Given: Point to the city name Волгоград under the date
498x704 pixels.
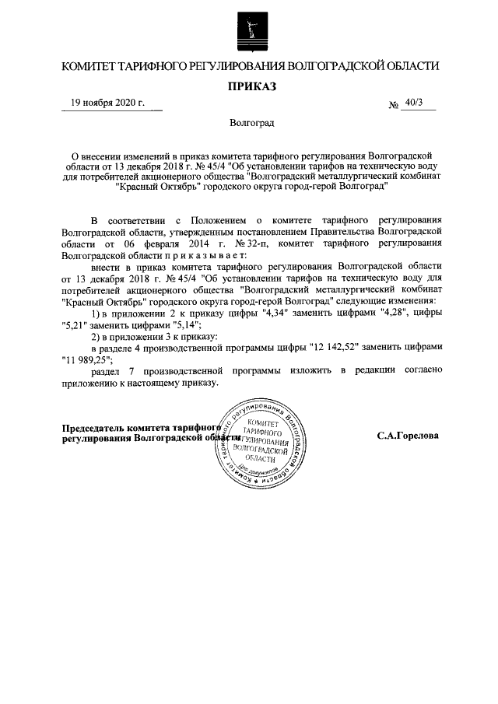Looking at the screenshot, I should [251, 123].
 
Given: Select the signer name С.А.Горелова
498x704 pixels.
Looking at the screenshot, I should [408, 436].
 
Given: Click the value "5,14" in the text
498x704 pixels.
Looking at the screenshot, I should [181, 324].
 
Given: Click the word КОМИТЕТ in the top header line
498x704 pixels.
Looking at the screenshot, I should [92, 66].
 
